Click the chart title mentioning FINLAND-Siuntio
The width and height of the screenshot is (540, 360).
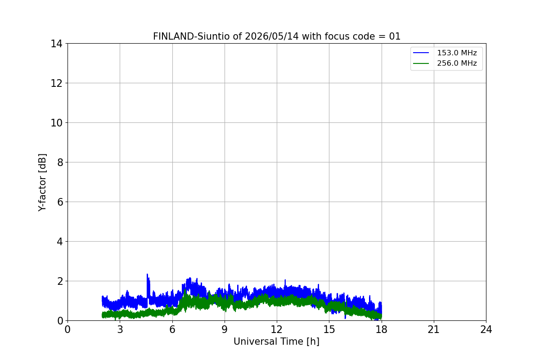(276, 36)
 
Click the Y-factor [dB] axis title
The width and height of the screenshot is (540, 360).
(42, 183)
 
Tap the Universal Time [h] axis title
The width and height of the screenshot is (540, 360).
(276, 342)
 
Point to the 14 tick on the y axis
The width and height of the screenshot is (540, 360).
(56, 44)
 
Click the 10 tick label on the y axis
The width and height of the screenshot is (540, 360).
(56, 123)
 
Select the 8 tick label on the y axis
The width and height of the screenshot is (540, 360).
(60, 162)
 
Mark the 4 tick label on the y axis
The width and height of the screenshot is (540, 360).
(60, 242)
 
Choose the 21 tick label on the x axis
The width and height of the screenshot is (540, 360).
(434, 329)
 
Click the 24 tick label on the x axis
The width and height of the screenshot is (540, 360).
(486, 329)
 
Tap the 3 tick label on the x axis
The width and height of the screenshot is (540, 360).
(120, 329)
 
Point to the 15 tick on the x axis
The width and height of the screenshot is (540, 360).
(329, 329)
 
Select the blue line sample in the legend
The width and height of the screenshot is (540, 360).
(421, 53)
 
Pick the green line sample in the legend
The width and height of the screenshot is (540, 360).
(421, 63)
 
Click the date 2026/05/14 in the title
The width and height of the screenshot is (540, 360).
(272, 36)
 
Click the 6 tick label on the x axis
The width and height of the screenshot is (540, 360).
(172, 329)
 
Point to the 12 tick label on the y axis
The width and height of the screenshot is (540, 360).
(56, 83)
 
